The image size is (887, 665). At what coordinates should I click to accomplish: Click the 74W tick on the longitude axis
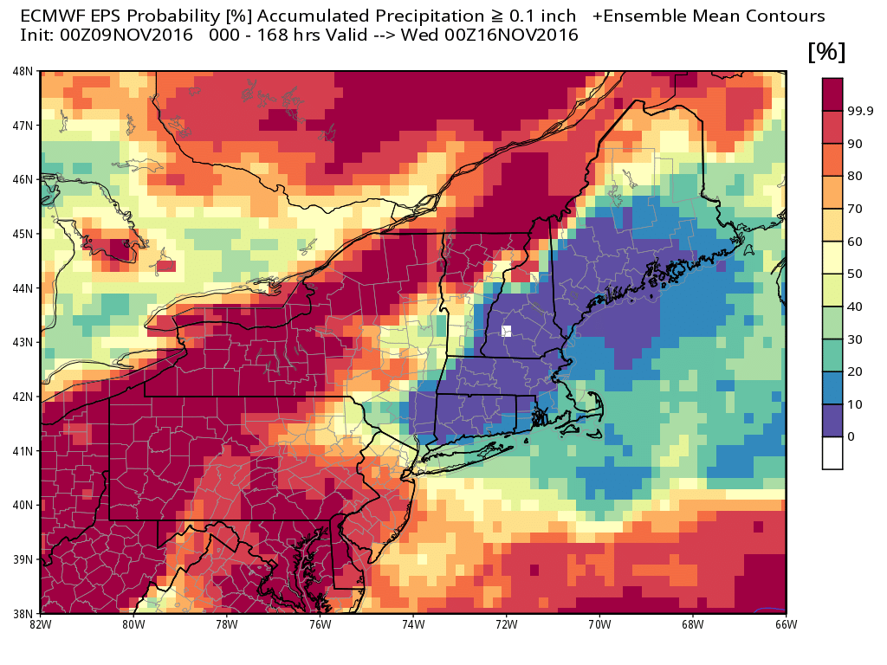[413, 623]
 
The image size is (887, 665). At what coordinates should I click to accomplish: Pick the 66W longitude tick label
[786, 623]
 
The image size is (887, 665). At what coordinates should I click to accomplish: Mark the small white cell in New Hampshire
[507, 331]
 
